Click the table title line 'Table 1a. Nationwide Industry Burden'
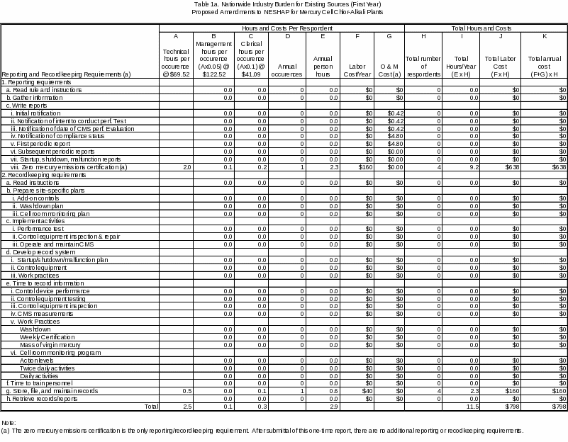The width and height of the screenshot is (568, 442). (284, 4)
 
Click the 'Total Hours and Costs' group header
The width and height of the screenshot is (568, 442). (486, 28)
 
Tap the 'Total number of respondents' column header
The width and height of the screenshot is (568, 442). (423, 65)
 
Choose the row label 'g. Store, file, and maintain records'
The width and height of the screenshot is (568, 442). (52, 390)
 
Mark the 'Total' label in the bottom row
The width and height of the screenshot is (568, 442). (151, 407)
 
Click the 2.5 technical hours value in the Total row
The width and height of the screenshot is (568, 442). (187, 407)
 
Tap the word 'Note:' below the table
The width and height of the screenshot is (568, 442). (9, 422)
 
